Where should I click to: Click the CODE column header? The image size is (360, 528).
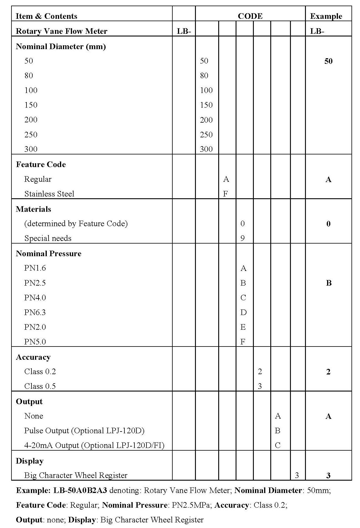250,16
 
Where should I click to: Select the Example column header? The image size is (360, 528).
326,16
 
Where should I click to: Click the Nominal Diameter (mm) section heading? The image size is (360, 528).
61,46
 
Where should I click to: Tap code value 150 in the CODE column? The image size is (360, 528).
206,105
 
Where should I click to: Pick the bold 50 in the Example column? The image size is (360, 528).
328,61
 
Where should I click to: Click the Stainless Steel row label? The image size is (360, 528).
49,194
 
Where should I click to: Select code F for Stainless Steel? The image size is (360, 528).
226,194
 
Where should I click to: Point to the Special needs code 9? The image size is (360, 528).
243,238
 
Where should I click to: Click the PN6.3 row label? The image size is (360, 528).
35,312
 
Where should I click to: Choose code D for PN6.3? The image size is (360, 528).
243,312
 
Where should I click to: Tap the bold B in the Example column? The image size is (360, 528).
329,283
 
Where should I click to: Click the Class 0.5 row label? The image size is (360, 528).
40,386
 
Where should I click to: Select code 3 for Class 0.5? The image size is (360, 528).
260,386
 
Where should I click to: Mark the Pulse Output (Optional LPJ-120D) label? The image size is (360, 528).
84,431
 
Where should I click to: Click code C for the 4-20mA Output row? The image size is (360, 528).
277,445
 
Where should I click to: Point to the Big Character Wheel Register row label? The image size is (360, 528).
76,475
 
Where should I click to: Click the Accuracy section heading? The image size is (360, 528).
33,357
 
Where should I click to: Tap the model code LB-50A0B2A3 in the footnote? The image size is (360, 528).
80,490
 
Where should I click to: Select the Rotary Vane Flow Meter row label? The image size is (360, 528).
61,31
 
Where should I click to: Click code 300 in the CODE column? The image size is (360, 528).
206,149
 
